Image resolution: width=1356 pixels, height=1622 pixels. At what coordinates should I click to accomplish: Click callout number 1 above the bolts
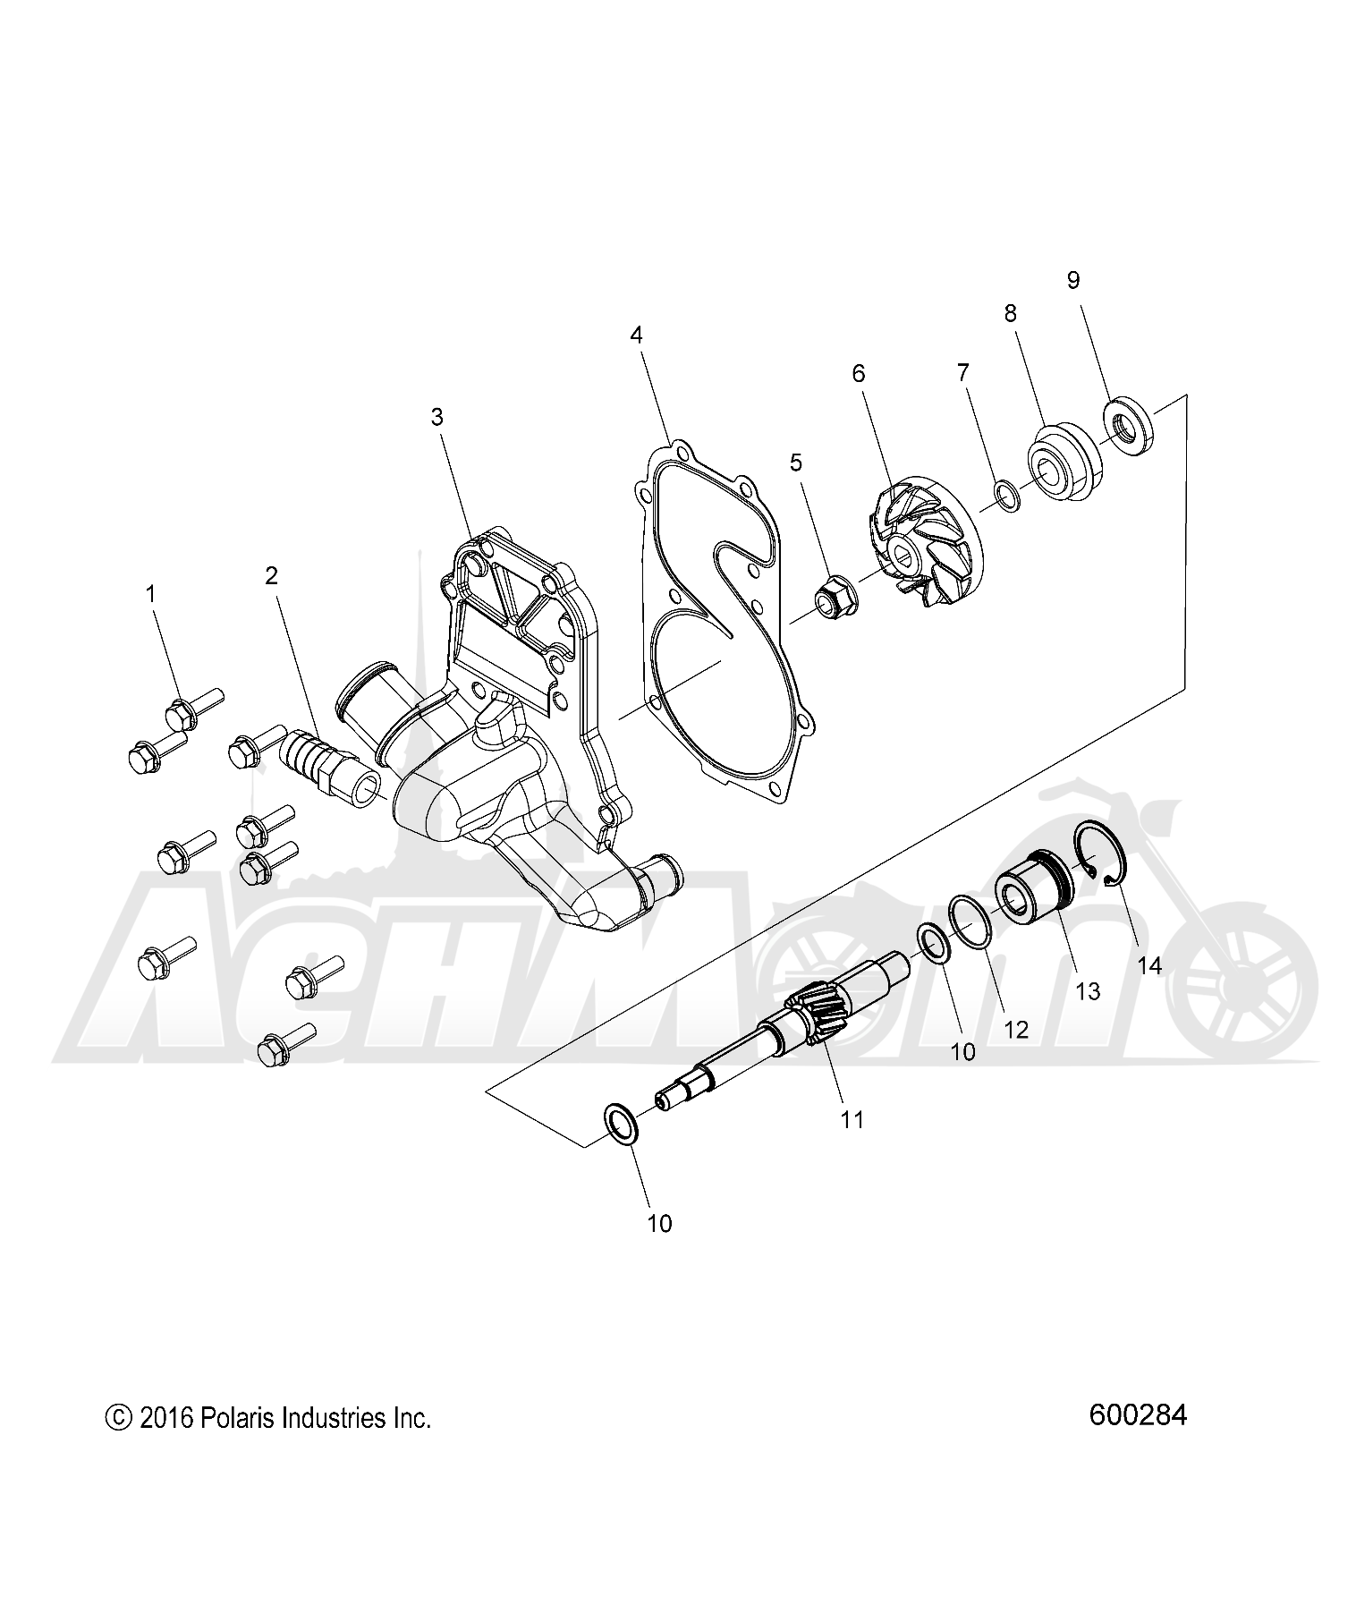tap(151, 593)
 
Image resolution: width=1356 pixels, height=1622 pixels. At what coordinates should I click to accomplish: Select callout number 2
tap(271, 576)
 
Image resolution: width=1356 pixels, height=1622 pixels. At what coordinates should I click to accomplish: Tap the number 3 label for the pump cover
tap(436, 416)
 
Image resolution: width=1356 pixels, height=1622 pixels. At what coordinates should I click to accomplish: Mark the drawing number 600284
tap(1138, 1415)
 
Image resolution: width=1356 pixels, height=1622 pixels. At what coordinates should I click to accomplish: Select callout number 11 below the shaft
tap(852, 1119)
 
